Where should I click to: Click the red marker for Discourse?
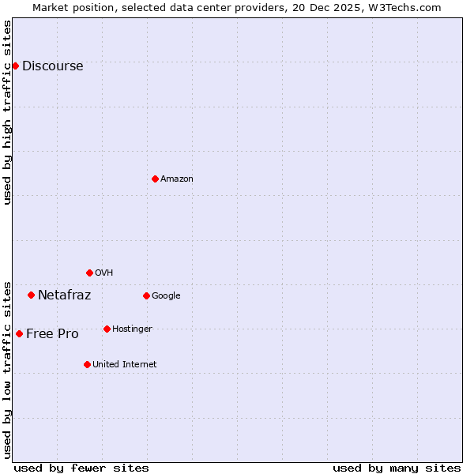(x=15, y=66)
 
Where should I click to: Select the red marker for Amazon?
(x=155, y=179)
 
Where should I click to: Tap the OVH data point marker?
(x=89, y=273)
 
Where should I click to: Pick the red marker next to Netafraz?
(x=31, y=295)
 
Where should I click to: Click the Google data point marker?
(x=146, y=295)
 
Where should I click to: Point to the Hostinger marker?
(x=107, y=329)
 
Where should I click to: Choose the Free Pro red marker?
(x=19, y=333)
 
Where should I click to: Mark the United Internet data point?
(x=87, y=364)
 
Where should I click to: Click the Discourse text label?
(x=52, y=66)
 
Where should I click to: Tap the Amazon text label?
(x=176, y=179)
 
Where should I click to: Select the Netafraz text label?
(x=64, y=295)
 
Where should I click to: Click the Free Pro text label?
(x=52, y=334)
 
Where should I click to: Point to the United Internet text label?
(x=124, y=365)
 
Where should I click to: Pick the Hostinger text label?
(x=132, y=329)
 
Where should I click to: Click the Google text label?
(x=166, y=296)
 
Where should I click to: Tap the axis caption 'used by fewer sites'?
(x=81, y=468)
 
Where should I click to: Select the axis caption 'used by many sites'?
(x=397, y=468)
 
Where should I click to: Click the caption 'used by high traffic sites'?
(x=8, y=112)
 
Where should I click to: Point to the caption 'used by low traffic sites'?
(x=8, y=369)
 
